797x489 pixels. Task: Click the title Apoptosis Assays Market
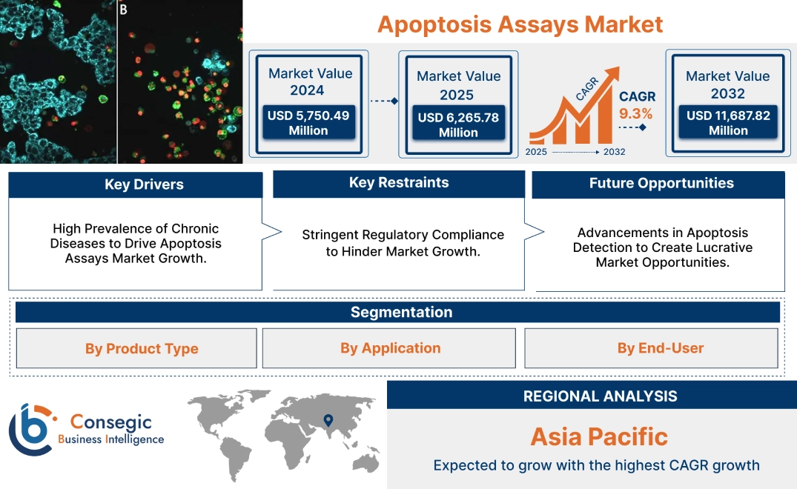520,24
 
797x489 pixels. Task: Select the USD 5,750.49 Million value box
308,122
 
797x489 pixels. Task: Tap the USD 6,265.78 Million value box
458,124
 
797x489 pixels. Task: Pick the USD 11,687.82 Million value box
728,122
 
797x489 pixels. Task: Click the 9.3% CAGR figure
636,113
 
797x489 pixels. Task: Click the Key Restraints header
399,183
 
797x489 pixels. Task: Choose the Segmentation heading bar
401,312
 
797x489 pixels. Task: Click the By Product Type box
142,348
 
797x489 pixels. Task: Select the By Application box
390,347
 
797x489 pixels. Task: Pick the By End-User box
660,347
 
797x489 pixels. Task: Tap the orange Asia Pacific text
599,436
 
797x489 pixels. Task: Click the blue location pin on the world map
327,421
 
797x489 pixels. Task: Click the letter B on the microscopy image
123,10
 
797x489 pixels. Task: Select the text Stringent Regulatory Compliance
403,235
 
